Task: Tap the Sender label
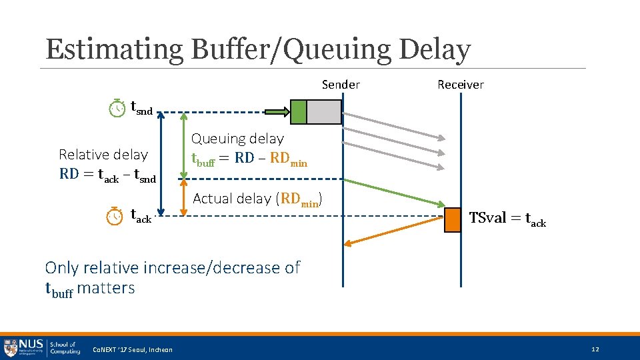[x=341, y=85]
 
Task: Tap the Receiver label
[x=460, y=85]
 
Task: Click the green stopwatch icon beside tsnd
[x=117, y=108]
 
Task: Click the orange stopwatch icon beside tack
[x=115, y=216]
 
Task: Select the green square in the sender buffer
[x=298, y=111]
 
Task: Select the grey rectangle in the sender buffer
[x=323, y=111]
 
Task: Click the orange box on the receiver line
[x=453, y=220]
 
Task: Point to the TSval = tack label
[x=507, y=219]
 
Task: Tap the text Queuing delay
[x=237, y=139]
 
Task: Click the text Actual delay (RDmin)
[x=259, y=199]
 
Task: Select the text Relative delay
[x=103, y=155]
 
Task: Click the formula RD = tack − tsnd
[x=107, y=176]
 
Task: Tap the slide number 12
[x=595, y=349]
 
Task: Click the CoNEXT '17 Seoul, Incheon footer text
[x=132, y=350]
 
